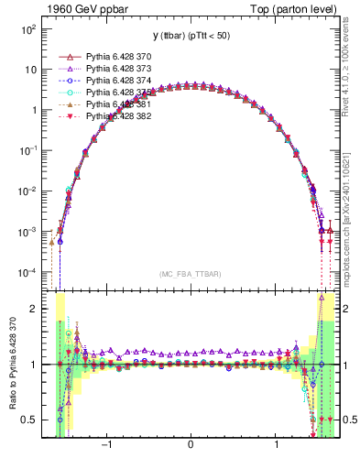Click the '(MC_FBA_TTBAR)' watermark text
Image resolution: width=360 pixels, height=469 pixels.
click(190, 273)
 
